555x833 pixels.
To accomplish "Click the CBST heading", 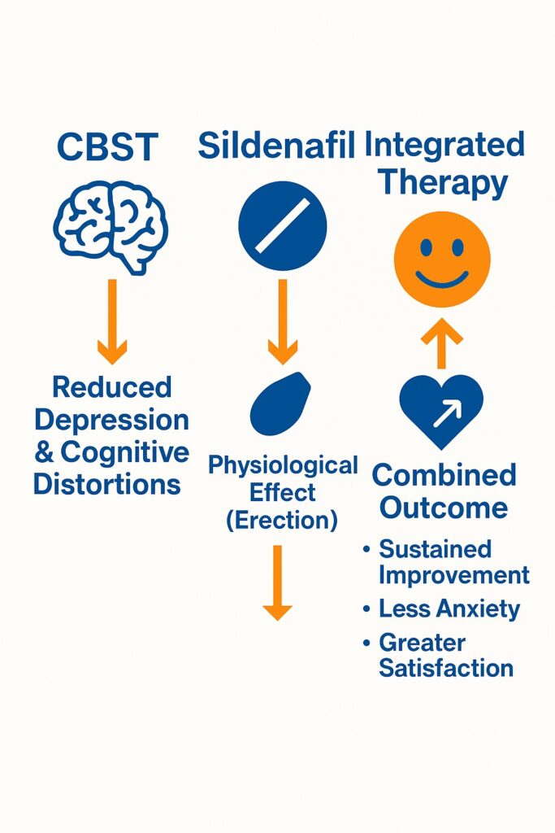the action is [107, 146].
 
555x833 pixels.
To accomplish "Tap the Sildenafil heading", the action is [276, 145].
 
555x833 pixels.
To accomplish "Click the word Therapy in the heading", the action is [443, 184].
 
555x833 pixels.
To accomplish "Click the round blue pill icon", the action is [282, 226].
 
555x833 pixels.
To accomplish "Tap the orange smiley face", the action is [442, 259].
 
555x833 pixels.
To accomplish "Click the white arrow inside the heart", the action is [448, 414].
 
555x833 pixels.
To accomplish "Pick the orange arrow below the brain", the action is [112, 321].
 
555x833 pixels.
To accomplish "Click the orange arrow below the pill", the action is [282, 321].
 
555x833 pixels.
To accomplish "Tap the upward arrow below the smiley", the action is [441, 343].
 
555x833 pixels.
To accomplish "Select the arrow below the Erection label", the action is [278, 582].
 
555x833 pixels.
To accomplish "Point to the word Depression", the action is [112, 421].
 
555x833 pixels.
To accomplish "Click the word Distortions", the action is [107, 484].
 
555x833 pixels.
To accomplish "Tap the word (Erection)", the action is [282, 520].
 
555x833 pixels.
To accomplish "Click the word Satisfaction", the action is [446, 668].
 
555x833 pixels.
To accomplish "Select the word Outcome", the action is [444, 508].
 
